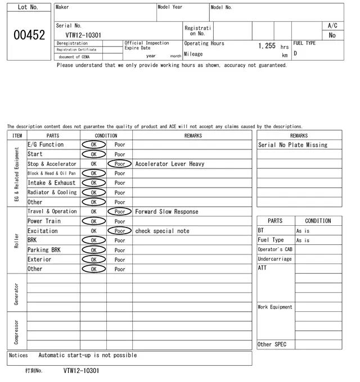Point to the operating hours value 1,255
tap(267, 46)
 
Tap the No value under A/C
tap(332, 35)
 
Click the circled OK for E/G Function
tap(93, 144)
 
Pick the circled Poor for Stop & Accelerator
tap(119, 164)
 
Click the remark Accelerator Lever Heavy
tap(169, 164)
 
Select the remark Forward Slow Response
tap(166, 212)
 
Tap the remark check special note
tap(162, 231)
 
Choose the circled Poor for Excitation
tap(119, 231)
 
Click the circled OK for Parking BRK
tap(93, 250)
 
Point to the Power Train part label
tap(44, 221)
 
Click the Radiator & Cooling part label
tap(52, 192)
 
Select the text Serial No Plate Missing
tap(292, 145)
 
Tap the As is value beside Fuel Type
tap(303, 240)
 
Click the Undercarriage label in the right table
tap(274, 259)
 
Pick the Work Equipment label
tap(275, 307)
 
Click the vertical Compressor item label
tap(17, 331)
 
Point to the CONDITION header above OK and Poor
tap(106, 135)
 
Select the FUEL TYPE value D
tap(295, 54)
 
